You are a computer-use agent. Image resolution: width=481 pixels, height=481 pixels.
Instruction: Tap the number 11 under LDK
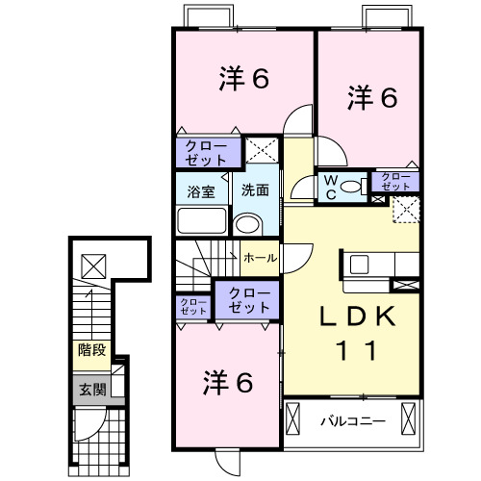[x=353, y=350]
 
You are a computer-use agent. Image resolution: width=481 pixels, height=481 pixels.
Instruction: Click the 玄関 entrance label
[x=92, y=390]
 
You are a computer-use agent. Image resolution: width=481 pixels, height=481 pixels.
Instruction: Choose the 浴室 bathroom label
[x=201, y=190]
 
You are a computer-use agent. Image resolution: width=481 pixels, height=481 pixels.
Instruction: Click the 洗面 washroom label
[x=255, y=190]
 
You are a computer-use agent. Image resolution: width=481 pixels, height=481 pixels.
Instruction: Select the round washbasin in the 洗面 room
[x=248, y=225]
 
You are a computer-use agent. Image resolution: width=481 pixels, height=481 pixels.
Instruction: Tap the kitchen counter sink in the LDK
[x=362, y=264]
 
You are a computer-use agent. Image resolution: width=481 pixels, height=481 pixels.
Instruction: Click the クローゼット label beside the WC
[x=394, y=180]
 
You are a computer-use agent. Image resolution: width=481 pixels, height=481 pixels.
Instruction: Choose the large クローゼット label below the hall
[x=248, y=301]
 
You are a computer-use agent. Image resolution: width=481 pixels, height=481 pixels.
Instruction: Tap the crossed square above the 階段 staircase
[x=93, y=263]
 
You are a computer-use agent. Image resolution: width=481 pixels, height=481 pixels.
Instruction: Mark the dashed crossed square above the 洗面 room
[x=261, y=150]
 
